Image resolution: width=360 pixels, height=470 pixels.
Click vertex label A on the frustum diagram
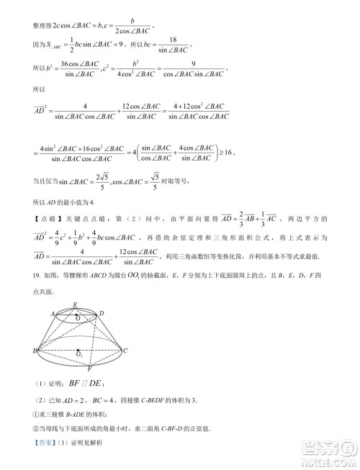[53, 314]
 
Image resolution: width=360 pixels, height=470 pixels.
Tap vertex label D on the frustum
[102, 313]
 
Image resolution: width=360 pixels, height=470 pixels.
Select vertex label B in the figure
[35, 351]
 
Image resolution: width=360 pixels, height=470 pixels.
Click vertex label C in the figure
[126, 351]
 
